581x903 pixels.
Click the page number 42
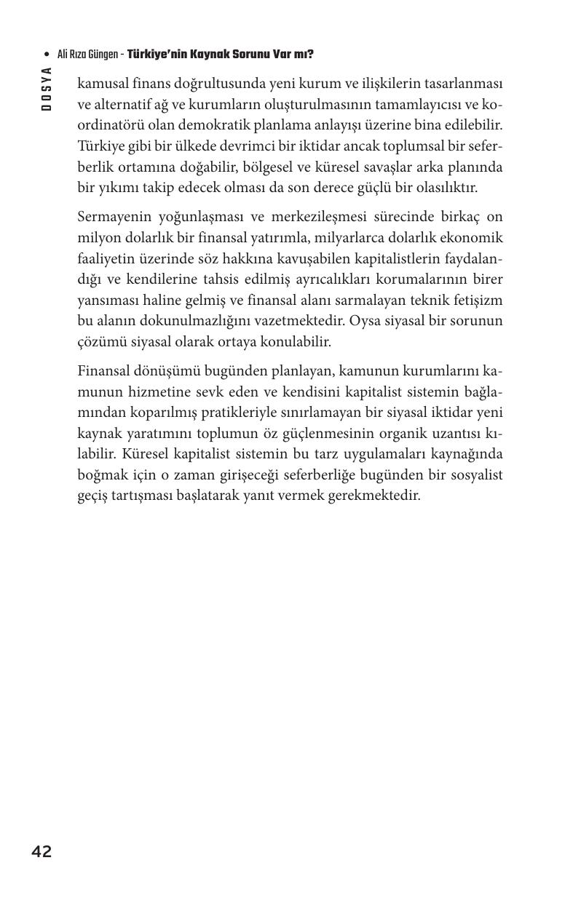click(x=41, y=851)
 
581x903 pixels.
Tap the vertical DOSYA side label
click(x=47, y=88)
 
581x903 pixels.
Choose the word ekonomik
click(x=472, y=238)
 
